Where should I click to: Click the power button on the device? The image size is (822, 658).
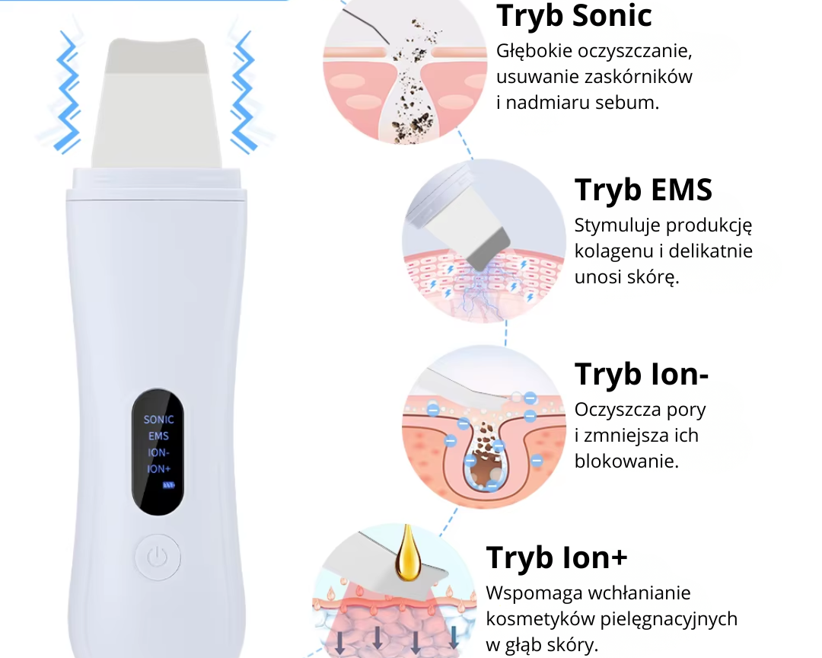[x=158, y=557]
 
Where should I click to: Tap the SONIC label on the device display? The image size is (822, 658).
[x=159, y=420]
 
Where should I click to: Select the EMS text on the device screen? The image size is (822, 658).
[x=158, y=436]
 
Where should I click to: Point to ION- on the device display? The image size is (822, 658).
[x=158, y=452]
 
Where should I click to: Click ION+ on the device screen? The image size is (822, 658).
[x=159, y=469]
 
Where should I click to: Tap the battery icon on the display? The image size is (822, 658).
[x=168, y=485]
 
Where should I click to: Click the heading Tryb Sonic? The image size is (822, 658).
[x=574, y=16]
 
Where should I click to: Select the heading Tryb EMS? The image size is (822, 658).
[x=643, y=190]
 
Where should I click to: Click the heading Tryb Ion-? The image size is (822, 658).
[x=642, y=374]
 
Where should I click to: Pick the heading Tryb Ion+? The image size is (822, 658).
[x=556, y=557]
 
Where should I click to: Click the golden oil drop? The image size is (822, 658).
[x=407, y=554]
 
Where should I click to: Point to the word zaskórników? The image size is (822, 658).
[x=638, y=77]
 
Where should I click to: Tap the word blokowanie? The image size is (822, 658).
[x=626, y=462]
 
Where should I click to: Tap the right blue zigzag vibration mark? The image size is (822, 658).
[x=244, y=92]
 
